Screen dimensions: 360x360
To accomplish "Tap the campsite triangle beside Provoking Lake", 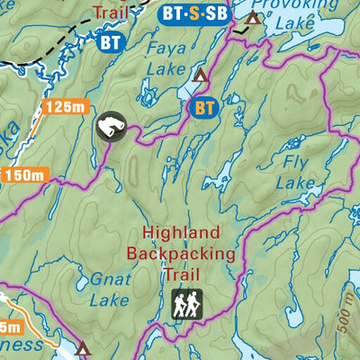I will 255,17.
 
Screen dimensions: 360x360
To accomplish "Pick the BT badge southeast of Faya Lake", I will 205,108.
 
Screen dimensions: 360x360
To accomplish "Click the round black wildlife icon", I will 110,127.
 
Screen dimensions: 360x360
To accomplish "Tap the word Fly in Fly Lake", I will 294,163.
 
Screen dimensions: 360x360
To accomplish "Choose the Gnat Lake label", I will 112,291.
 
